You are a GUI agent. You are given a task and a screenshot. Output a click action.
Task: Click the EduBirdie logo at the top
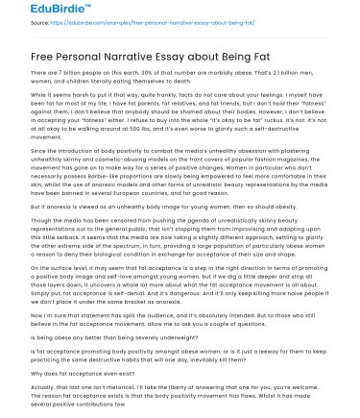(34, 12)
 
